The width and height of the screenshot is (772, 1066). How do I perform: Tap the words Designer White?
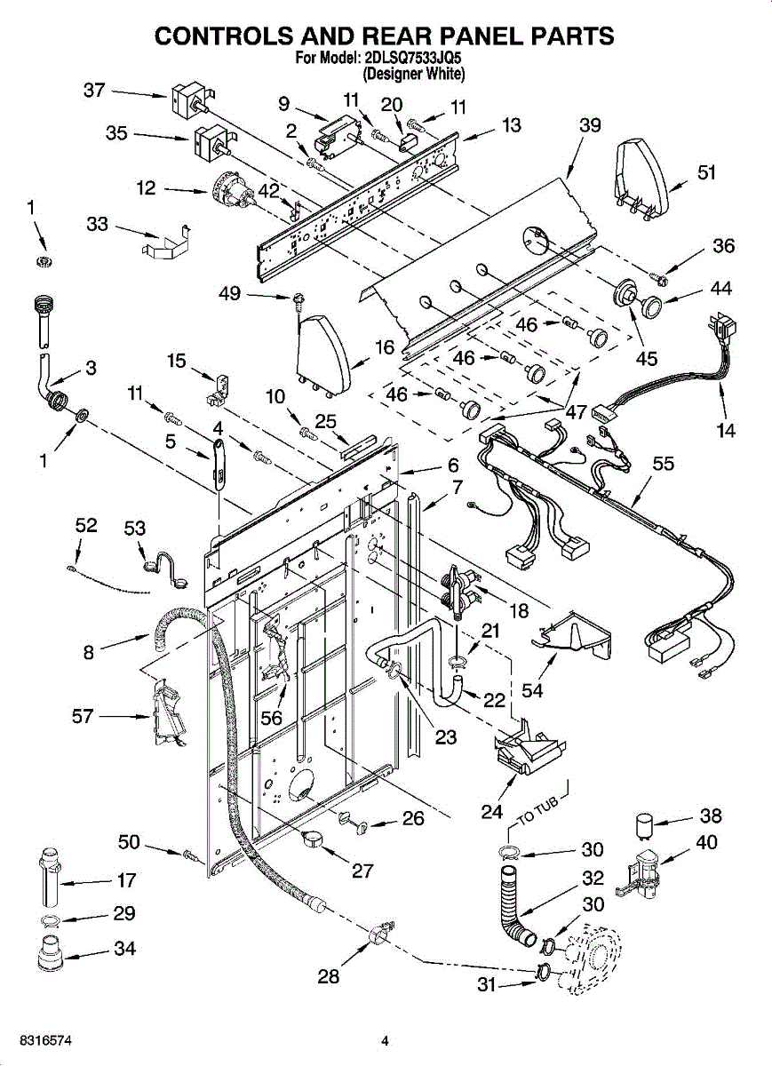point(414,74)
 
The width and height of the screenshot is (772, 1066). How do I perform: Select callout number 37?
point(94,90)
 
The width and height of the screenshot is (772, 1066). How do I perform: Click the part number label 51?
point(707,172)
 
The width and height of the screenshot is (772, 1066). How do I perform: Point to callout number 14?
point(727,430)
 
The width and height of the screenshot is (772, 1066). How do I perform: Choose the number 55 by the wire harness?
point(664,463)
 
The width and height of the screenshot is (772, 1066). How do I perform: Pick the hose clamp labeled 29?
point(50,921)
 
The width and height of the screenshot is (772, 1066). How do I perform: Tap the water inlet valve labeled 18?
point(462,589)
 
